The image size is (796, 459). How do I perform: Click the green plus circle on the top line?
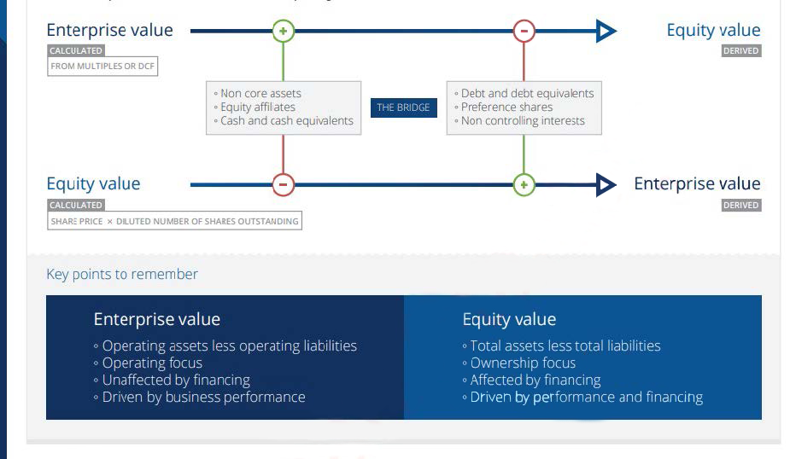284,32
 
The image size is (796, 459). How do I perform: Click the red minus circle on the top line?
524,32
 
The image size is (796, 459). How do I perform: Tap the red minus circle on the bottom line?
284,184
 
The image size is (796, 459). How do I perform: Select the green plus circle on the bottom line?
524,184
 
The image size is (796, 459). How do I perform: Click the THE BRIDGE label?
403,107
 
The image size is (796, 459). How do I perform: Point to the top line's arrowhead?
606,32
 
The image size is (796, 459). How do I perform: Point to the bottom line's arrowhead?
606,184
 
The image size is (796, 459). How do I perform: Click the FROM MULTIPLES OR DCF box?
103,66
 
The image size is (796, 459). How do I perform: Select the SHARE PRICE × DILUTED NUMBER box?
175,221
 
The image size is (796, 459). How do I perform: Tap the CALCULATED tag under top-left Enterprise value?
76,51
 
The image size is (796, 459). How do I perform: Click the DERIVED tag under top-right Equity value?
740,51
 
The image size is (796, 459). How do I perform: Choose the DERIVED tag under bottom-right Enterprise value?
740,206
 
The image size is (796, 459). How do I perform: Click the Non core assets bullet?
260,94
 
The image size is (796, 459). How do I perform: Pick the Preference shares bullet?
506,107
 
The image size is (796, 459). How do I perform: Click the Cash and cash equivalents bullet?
286,121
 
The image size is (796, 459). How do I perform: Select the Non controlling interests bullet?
523,121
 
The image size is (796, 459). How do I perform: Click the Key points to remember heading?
122,274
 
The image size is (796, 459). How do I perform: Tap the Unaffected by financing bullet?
176,380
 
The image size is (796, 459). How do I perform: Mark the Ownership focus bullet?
523,363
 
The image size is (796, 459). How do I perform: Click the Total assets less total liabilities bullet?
565,346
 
